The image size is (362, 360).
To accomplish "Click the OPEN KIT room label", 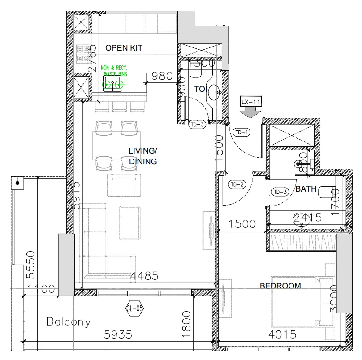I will (x=124, y=48).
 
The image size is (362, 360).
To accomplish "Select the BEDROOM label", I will (x=280, y=286).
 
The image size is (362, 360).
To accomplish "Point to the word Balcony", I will (x=69, y=321).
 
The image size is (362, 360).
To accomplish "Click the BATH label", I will (x=306, y=189).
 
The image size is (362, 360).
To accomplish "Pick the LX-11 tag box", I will (x=251, y=102).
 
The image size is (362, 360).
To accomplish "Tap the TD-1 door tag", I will (x=242, y=132).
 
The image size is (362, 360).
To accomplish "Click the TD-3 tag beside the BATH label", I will (x=280, y=192).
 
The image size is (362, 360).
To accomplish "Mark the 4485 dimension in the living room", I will (x=144, y=276).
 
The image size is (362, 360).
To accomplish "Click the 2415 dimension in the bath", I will (x=307, y=218).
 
